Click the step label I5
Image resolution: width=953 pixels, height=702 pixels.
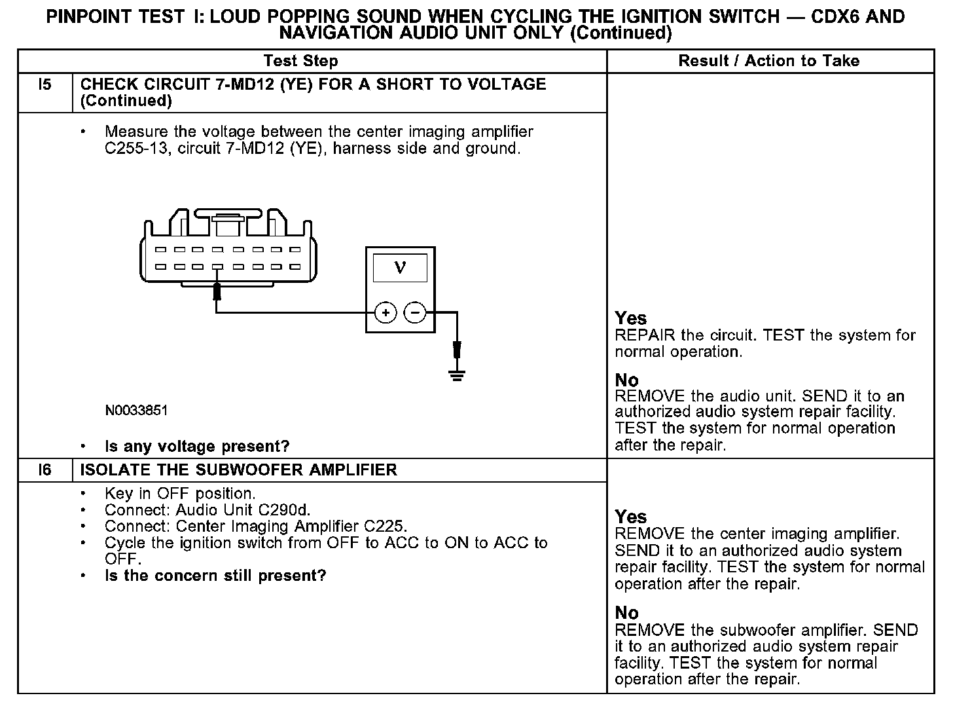45,84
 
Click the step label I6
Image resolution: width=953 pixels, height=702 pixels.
45,470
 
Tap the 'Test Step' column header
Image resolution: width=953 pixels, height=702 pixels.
300,62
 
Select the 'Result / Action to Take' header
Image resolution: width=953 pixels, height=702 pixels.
769,62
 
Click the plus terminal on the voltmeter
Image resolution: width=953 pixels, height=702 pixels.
386,313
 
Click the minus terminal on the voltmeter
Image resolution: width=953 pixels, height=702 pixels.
415,313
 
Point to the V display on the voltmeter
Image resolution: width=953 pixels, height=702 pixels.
400,268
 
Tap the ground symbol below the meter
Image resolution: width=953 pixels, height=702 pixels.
457,375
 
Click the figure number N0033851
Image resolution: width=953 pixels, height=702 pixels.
136,411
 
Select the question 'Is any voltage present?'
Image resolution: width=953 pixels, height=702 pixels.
197,447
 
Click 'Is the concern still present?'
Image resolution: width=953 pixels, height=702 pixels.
215,576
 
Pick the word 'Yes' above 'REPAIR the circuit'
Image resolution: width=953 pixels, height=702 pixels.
630,319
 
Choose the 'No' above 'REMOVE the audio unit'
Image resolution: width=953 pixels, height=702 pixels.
626,380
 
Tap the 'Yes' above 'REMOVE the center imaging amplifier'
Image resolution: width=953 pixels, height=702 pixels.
630,517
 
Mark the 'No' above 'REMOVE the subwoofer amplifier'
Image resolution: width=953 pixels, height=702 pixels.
626,613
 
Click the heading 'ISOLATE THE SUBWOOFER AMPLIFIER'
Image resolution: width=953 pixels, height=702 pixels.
238,470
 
